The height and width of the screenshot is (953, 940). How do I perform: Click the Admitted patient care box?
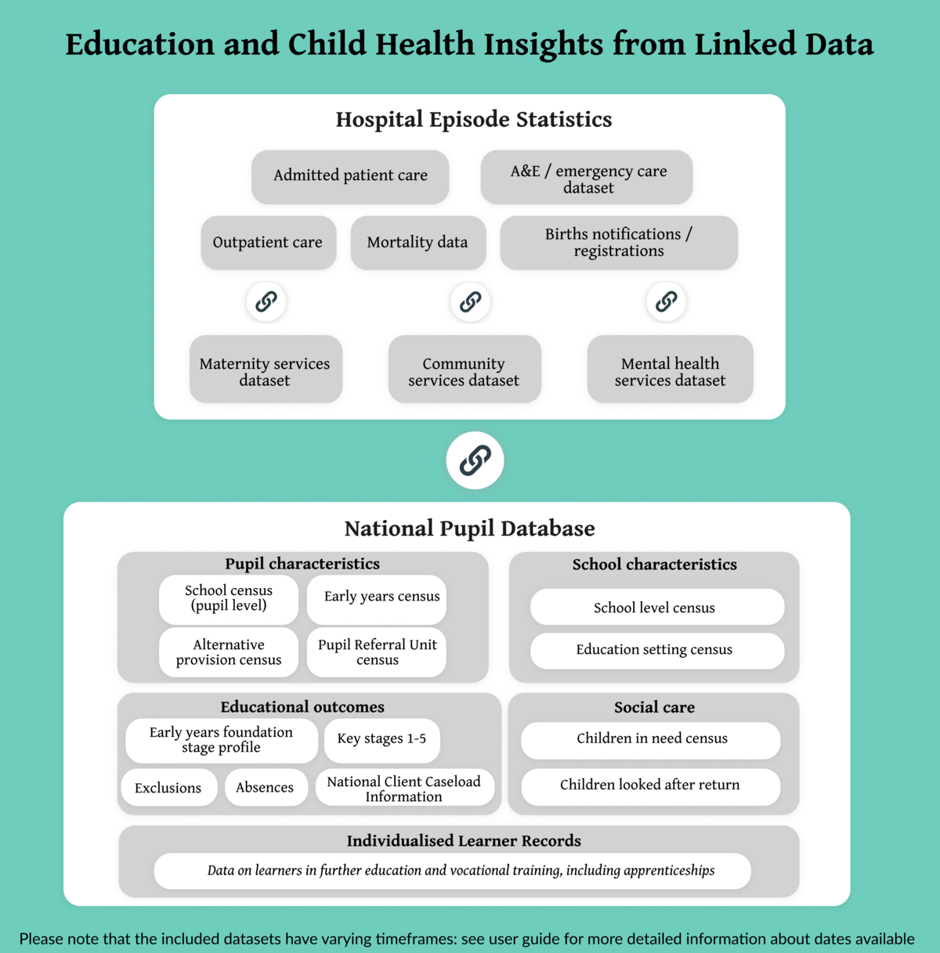[350, 176]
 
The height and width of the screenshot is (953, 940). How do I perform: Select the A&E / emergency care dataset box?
[587, 178]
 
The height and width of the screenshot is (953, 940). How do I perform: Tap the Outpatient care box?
[268, 243]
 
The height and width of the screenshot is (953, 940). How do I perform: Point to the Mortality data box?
[418, 243]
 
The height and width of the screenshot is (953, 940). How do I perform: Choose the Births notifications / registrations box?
[619, 243]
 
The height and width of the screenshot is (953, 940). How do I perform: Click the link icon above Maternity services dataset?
[266, 301]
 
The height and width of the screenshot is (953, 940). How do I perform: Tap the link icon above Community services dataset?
[470, 301]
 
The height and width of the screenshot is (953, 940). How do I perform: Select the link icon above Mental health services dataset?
[667, 301]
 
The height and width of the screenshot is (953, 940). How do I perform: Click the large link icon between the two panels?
[475, 460]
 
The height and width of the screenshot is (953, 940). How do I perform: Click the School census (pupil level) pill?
[229, 599]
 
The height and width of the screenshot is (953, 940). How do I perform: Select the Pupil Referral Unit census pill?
[377, 652]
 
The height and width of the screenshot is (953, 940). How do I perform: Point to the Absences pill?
[265, 788]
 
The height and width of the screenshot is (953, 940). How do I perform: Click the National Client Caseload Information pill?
[404, 789]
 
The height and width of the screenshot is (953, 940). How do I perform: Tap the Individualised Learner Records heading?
[464, 841]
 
